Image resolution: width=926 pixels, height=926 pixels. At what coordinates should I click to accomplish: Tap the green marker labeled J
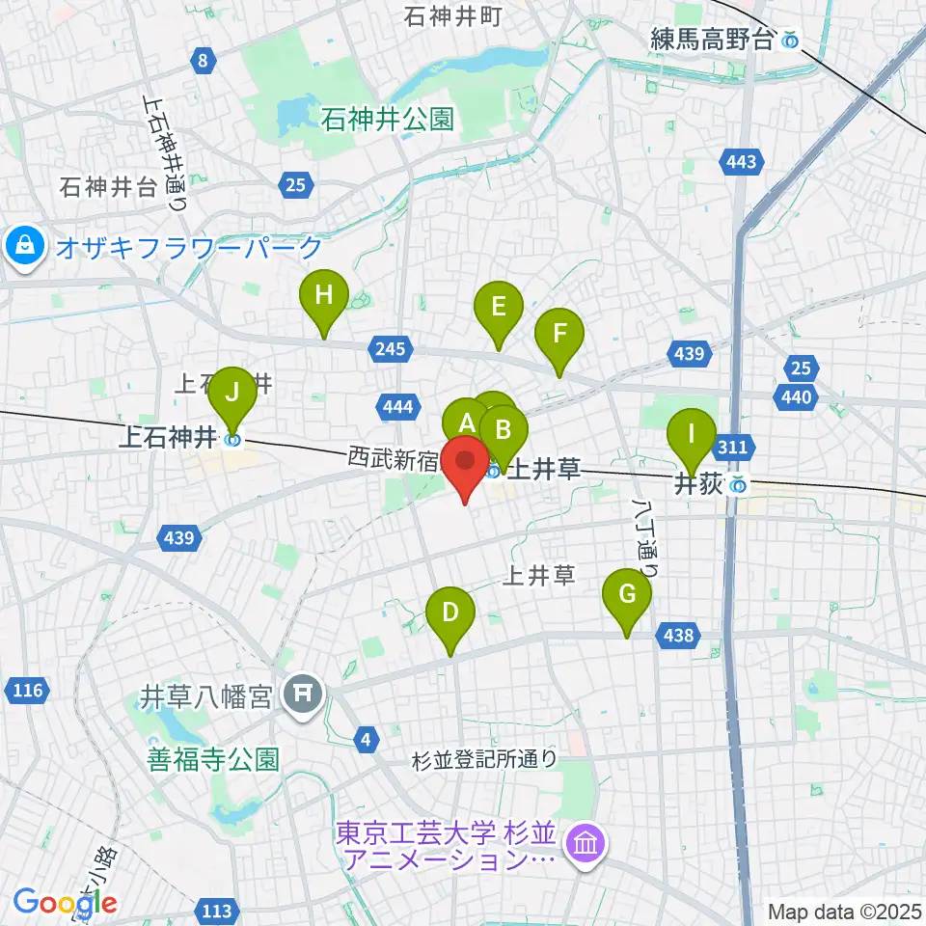(x=231, y=393)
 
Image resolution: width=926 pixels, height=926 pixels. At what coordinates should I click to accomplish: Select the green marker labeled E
(x=499, y=309)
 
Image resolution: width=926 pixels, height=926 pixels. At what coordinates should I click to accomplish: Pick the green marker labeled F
(x=559, y=334)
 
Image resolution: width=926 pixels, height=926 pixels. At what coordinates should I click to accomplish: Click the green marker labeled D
(x=450, y=613)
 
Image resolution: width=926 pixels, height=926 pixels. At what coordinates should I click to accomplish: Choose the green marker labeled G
(x=627, y=595)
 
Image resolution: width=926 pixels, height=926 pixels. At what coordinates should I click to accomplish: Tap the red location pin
(x=466, y=461)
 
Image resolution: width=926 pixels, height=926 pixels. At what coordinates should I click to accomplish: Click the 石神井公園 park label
(x=388, y=120)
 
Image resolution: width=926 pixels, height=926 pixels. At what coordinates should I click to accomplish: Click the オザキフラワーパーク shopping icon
(x=23, y=246)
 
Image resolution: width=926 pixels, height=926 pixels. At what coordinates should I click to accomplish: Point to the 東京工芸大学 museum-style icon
(x=586, y=844)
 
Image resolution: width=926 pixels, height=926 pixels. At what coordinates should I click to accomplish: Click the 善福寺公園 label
(x=213, y=760)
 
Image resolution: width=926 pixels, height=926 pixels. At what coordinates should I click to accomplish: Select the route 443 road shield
(x=741, y=162)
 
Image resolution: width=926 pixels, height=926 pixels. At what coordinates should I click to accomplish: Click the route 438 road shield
(x=678, y=634)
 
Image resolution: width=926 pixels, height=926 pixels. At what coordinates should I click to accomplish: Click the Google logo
(x=65, y=903)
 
